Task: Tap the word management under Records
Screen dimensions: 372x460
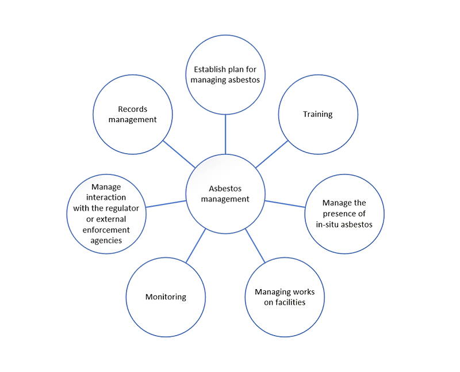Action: pos(136,120)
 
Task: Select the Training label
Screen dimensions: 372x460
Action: pos(319,114)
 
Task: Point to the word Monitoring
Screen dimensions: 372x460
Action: pos(166,297)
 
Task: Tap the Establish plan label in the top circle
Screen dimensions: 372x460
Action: pos(227,71)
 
